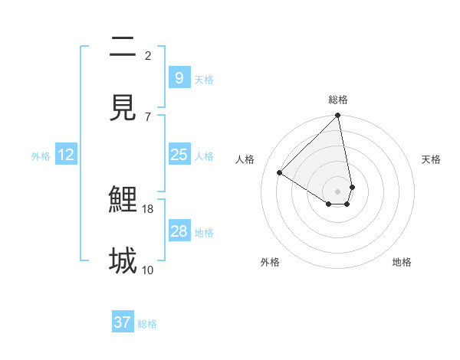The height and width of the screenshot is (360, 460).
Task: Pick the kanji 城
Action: pyautogui.click(x=123, y=261)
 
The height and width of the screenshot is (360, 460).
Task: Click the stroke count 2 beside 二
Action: pyautogui.click(x=148, y=56)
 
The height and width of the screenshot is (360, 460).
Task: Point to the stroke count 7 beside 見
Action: pyautogui.click(x=148, y=116)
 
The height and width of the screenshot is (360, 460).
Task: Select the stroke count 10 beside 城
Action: pyautogui.click(x=148, y=270)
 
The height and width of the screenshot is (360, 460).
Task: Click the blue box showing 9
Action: pyautogui.click(x=179, y=77)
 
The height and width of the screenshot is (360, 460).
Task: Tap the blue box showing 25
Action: pyautogui.click(x=179, y=155)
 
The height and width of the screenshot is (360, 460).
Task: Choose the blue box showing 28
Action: pyautogui.click(x=179, y=231)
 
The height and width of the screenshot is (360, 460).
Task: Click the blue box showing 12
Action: pyautogui.click(x=66, y=155)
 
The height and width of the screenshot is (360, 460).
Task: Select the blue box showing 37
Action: pyautogui.click(x=123, y=322)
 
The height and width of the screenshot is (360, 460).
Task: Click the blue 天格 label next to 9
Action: pyautogui.click(x=204, y=79)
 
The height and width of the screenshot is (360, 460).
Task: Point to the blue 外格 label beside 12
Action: pyautogui.click(x=41, y=156)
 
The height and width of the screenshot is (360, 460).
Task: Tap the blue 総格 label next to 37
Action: pyautogui.click(x=147, y=324)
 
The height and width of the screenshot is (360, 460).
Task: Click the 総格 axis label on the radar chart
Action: pyautogui.click(x=338, y=100)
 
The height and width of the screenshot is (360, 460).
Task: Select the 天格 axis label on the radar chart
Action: pyautogui.click(x=431, y=159)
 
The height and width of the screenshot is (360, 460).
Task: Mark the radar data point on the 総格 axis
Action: pyautogui.click(x=338, y=116)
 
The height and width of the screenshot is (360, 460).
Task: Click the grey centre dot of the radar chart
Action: pyautogui.click(x=338, y=191)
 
